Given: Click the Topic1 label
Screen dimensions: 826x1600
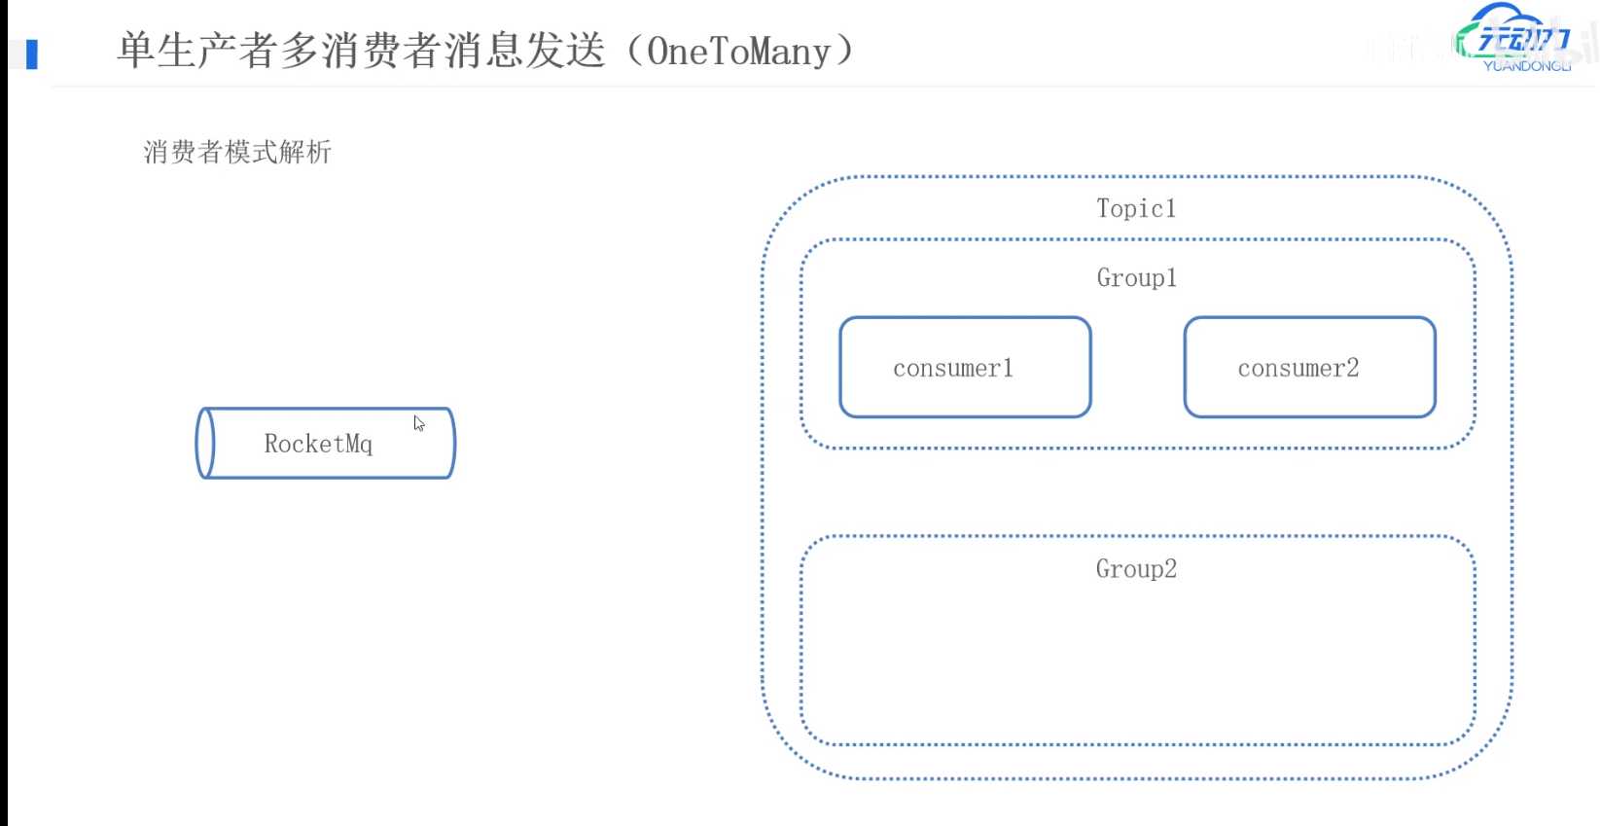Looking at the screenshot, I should (x=1136, y=208).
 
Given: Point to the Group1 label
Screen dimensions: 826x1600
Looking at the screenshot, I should (x=1136, y=278).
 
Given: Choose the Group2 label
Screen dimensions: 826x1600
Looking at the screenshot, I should (x=1136, y=569).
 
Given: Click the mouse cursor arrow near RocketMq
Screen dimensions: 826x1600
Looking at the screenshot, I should (x=418, y=423).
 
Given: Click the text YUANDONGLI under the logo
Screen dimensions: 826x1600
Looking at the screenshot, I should (x=1526, y=66).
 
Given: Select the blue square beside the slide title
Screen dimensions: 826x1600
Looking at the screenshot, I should (x=32, y=54).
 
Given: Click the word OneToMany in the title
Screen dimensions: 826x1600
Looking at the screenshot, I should (x=738, y=52).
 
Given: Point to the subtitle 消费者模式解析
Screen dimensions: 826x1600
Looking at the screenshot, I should (x=237, y=152).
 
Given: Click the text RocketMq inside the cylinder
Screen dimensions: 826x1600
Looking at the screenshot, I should (x=318, y=445).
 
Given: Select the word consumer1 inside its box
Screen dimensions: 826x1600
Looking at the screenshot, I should (x=953, y=369).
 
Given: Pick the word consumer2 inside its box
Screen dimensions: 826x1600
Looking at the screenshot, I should (x=1298, y=369).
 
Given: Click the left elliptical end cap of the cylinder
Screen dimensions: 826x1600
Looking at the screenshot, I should (x=205, y=444).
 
